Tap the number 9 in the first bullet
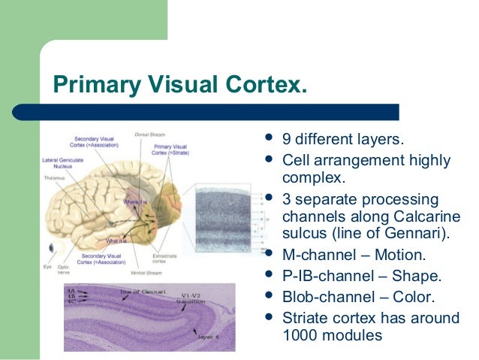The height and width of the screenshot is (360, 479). point(287,140)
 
